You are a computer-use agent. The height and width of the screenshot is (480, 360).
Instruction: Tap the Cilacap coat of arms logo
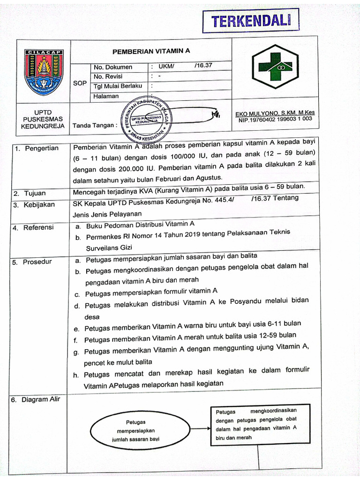(44, 71)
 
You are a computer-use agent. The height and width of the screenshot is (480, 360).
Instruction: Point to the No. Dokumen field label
(113, 67)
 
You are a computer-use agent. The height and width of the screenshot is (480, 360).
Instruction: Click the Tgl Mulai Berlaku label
(118, 86)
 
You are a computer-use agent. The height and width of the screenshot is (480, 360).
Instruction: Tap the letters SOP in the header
(80, 83)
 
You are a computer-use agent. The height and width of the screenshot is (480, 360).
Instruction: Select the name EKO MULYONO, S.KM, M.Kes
(275, 113)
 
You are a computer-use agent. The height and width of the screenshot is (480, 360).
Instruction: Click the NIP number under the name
(275, 120)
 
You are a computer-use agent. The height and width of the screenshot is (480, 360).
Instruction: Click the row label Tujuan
(36, 194)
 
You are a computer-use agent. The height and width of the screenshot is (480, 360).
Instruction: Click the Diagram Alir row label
(43, 400)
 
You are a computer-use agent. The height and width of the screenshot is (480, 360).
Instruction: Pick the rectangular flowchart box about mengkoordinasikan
(259, 424)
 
